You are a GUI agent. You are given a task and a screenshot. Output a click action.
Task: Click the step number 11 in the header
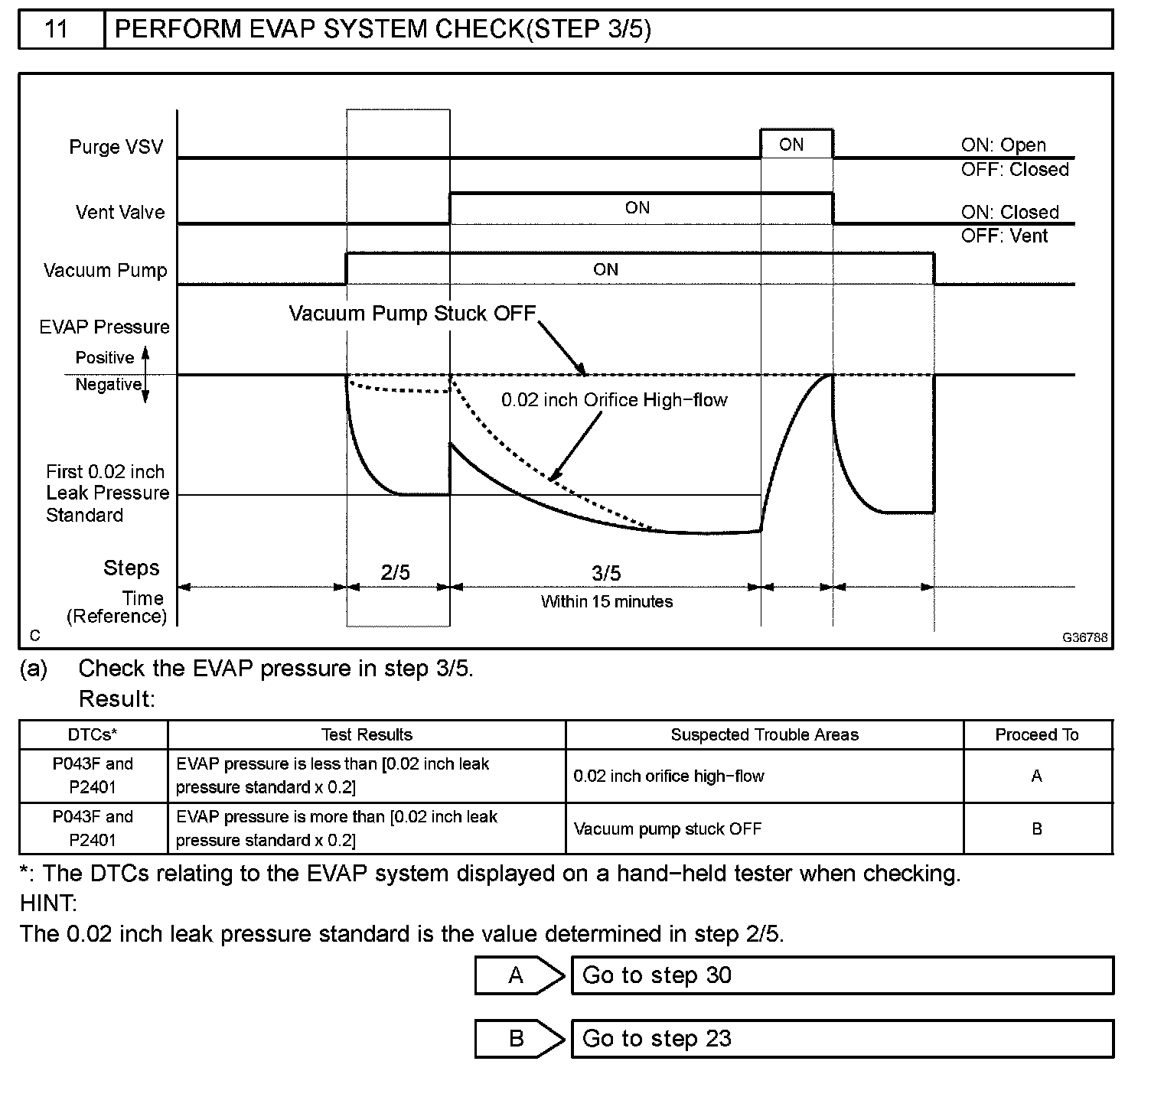pos(57,29)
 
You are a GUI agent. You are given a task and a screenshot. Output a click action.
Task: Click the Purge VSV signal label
pos(116,147)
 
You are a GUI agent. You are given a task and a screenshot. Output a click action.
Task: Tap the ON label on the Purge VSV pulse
pos(791,145)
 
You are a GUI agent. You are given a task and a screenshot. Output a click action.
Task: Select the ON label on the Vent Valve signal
pos(637,208)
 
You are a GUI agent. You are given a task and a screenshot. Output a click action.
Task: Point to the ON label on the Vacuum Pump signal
pos(605,269)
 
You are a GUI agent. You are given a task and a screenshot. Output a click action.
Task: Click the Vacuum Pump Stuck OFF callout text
pos(412,314)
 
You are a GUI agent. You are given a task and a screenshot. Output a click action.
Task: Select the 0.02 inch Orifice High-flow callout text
pos(614,400)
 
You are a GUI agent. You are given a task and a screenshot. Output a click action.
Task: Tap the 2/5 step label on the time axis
pos(395,572)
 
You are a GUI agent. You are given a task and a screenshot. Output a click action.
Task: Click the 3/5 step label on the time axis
pos(606,573)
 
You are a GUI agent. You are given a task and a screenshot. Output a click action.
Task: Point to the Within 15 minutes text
pos(606,602)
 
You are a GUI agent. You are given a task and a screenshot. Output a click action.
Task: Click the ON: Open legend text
pos(1003,145)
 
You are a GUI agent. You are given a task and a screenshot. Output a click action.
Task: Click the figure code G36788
pos(1084,637)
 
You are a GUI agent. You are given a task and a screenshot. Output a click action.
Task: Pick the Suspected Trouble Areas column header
pos(764,735)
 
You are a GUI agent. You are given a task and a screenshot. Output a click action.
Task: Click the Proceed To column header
pos(1036,735)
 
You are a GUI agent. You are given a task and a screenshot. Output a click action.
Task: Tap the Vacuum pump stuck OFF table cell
pos(667,829)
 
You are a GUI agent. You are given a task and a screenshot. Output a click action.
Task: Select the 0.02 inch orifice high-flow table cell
pos(669,776)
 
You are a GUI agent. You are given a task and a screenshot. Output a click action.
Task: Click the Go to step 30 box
pos(842,975)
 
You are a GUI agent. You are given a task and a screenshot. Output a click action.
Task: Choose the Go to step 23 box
pos(842,1039)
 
